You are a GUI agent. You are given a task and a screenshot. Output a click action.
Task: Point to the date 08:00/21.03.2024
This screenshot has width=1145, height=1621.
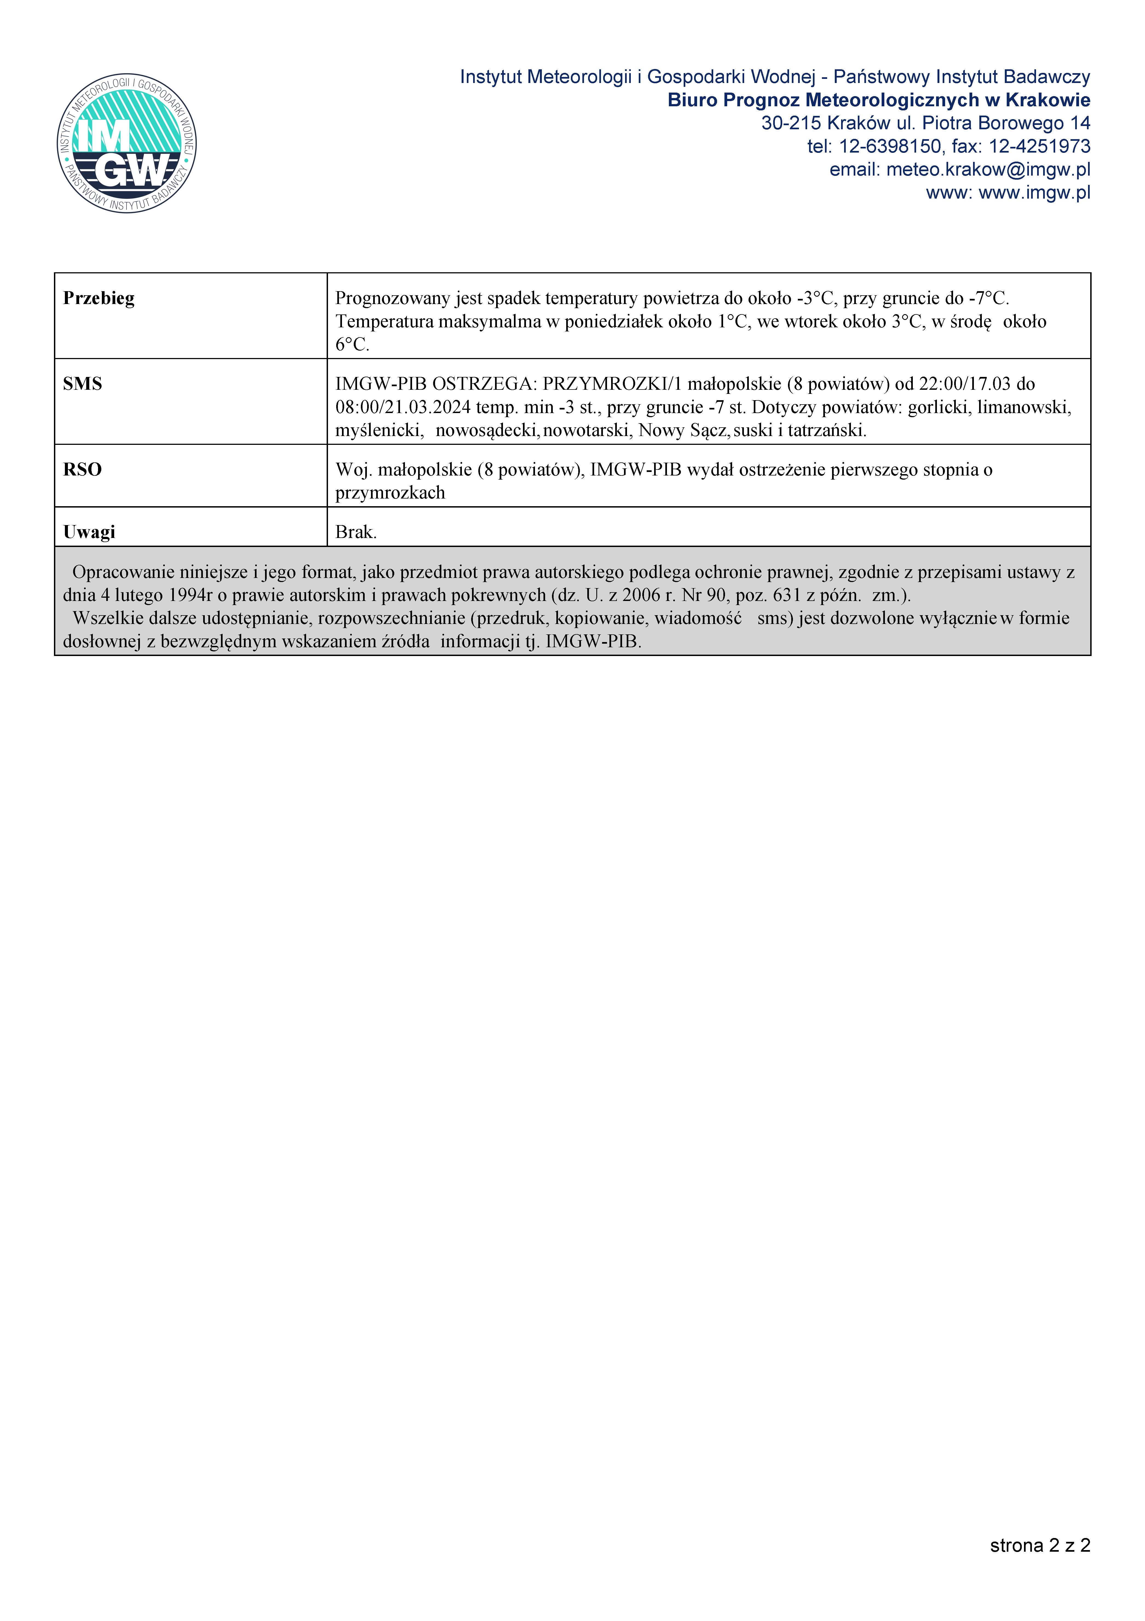[402, 407]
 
